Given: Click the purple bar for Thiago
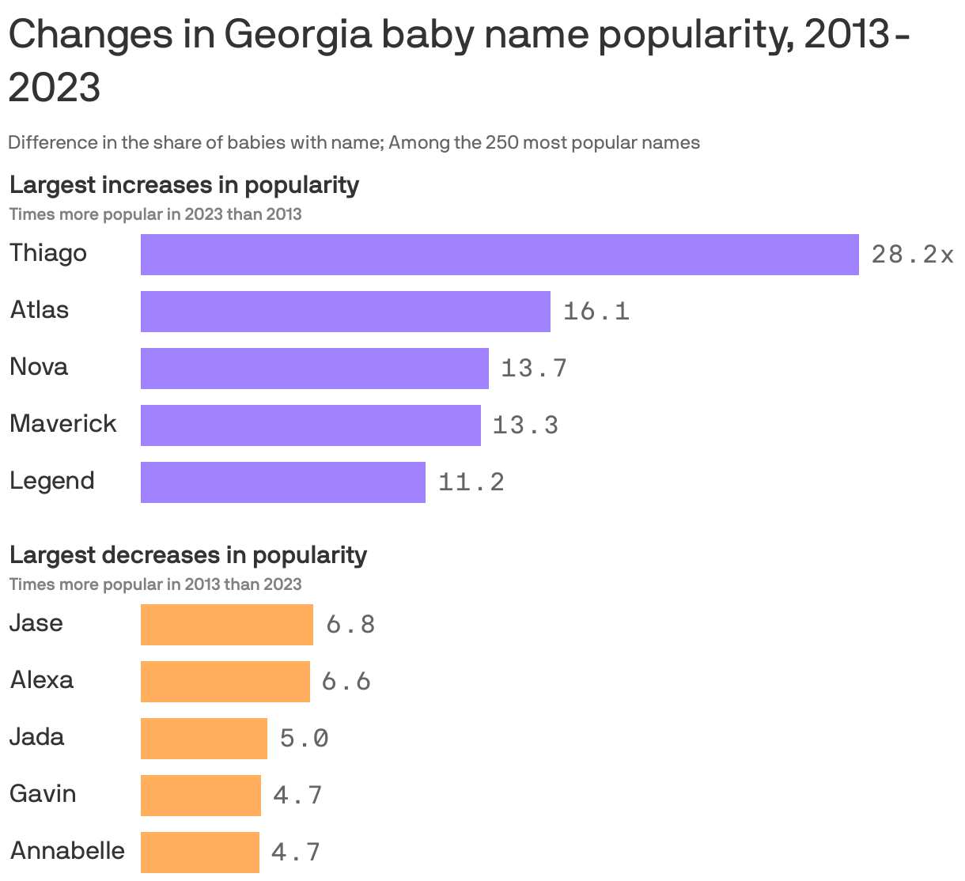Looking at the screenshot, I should [499, 255].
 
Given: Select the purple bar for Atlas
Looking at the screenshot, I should [345, 312].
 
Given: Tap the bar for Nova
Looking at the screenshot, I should [314, 369].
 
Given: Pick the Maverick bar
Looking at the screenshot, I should [310, 425].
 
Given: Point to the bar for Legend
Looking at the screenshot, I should [282, 482].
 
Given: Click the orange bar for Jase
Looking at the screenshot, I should [226, 625].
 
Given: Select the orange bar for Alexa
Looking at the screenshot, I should [225, 682].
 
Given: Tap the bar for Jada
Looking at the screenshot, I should [203, 739].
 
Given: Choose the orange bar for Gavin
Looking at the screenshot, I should [200, 796].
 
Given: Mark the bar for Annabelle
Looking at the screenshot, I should [199, 853].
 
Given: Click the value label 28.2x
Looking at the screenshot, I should [912, 255].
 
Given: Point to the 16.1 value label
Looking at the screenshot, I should [596, 312].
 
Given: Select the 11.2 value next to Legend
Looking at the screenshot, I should [471, 482].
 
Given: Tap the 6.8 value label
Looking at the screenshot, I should [350, 625].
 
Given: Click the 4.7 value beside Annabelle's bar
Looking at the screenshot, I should [296, 853].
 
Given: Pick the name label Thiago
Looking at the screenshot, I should [48, 254].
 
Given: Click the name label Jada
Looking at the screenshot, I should [36, 737].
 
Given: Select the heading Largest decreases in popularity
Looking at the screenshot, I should [187, 555].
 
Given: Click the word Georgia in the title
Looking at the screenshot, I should [298, 36].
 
